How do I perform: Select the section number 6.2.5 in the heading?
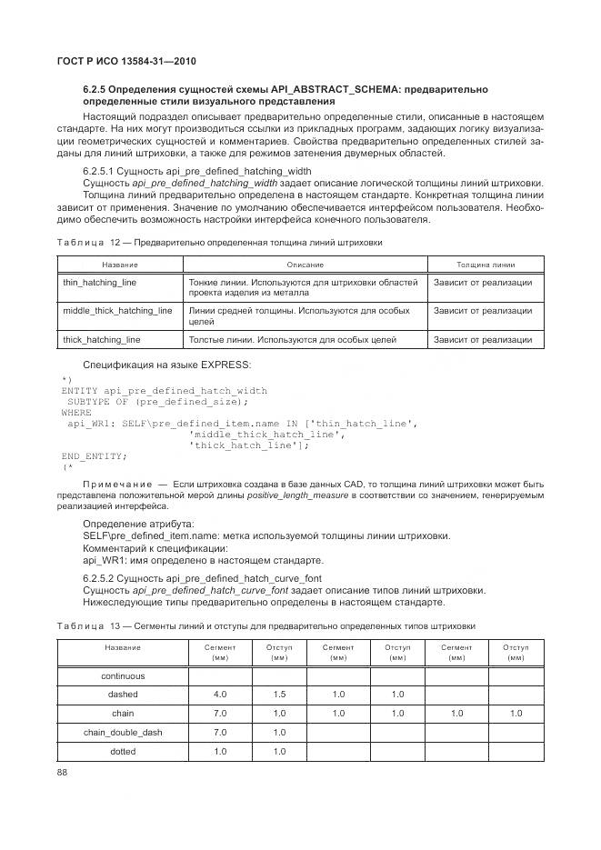[95, 89]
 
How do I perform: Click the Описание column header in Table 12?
[305, 265]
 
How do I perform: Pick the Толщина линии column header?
[486, 265]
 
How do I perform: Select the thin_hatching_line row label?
[100, 283]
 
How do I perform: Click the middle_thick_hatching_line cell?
[117, 311]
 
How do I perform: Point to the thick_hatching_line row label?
[102, 340]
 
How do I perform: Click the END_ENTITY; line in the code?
[95, 455]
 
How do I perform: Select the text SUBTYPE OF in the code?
[97, 401]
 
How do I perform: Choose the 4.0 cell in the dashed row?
[220, 695]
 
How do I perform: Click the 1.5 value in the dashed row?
[279, 695]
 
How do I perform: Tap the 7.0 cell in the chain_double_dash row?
[220, 733]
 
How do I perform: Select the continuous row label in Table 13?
[123, 676]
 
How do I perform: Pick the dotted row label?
[123, 752]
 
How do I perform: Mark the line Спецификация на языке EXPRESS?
[167, 365]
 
